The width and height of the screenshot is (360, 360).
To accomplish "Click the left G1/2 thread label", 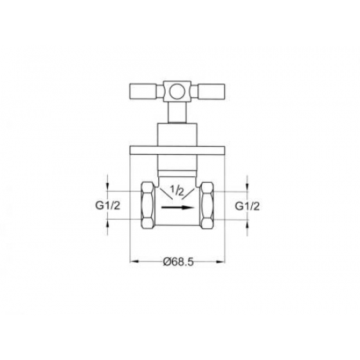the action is tap(108, 206).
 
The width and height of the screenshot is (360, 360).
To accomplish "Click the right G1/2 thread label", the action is tap(247, 206).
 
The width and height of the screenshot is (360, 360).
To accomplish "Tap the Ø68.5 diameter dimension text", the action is tap(179, 261).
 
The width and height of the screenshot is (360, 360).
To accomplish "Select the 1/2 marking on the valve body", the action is tap(177, 190).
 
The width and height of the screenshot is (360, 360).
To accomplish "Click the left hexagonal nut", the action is tap(148, 205).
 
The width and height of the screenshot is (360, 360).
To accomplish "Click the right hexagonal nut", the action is tap(207, 205).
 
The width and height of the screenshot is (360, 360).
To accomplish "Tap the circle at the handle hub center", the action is tap(177, 91).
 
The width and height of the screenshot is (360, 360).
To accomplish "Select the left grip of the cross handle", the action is tap(144, 91).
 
